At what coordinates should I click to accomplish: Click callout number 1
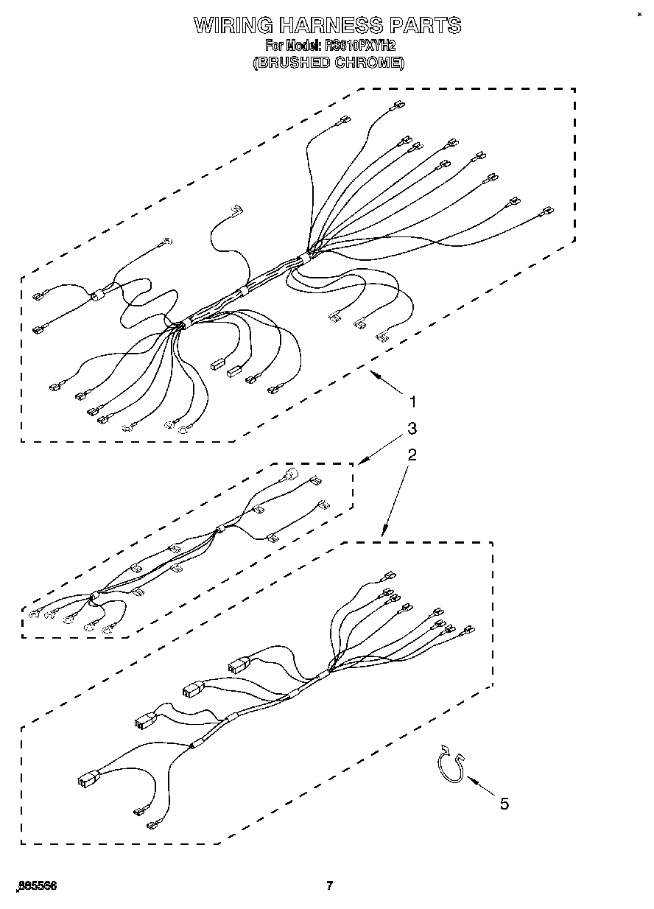(413, 402)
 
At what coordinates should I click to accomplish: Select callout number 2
(412, 454)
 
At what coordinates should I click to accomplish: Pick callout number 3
(412, 428)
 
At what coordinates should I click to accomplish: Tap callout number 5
(504, 804)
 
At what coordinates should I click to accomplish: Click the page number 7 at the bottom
(330, 885)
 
